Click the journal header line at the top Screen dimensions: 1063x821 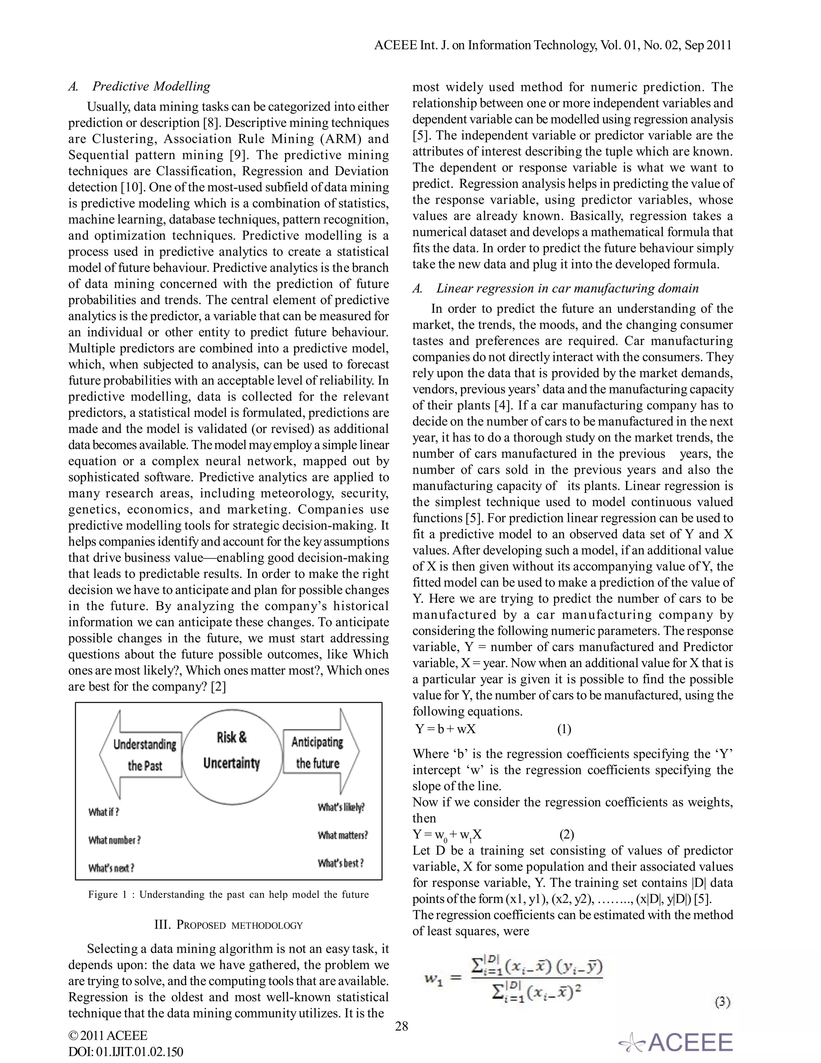pyautogui.click(x=552, y=45)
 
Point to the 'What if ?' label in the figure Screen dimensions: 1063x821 pyautogui.click(x=103, y=812)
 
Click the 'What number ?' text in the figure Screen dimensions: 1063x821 pyautogui.click(x=114, y=840)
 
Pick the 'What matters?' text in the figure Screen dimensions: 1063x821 pyautogui.click(x=343, y=835)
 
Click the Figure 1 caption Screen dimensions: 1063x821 pyautogui.click(x=229, y=895)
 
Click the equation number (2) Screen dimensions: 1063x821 pyautogui.click(x=566, y=835)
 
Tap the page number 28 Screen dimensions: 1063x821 pyautogui.click(x=402, y=1026)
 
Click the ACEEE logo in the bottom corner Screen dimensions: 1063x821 pyautogui.click(x=676, y=1043)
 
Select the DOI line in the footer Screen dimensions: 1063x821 pyautogui.click(x=125, y=1051)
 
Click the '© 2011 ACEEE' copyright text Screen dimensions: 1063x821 pyautogui.click(x=108, y=1035)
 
